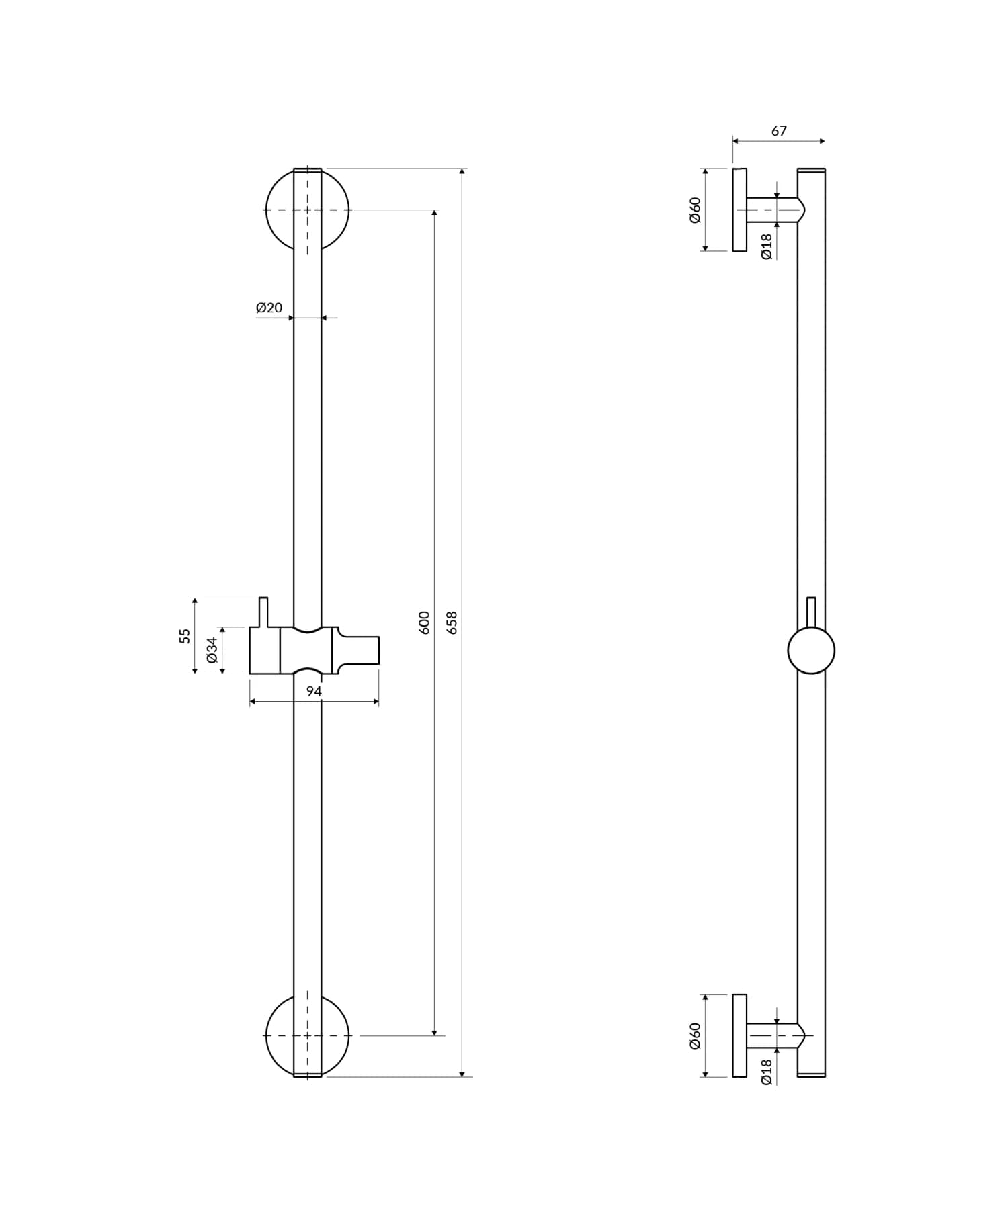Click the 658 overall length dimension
[x=452, y=622]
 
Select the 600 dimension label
[x=424, y=622]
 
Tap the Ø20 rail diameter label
[x=269, y=308]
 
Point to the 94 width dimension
[x=314, y=691]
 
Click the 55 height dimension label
[x=185, y=635]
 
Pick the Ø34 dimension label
[x=212, y=650]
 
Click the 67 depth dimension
[x=778, y=131]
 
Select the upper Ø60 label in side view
[x=695, y=210]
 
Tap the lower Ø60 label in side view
[x=695, y=1035]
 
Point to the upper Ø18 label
[x=767, y=246]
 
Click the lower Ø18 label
[x=767, y=1072]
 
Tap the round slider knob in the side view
[x=811, y=650]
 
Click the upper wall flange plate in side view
[x=739, y=210]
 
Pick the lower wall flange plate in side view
[x=739, y=1035]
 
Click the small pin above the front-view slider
[x=263, y=611]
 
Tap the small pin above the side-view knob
[x=811, y=611]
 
